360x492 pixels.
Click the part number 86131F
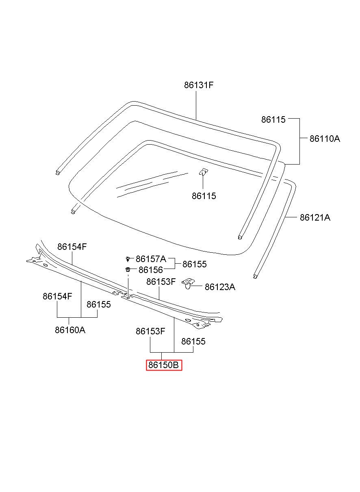click(x=199, y=85)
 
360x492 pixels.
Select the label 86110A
click(x=325, y=139)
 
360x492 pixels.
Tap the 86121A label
click(x=315, y=217)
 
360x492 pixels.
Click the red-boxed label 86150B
click(x=164, y=365)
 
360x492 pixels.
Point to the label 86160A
click(x=70, y=330)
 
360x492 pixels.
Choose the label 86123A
click(x=220, y=287)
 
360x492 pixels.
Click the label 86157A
click(x=151, y=259)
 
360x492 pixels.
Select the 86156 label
click(x=151, y=270)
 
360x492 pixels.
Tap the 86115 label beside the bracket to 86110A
click(x=273, y=119)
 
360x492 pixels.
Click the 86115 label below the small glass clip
click(x=204, y=196)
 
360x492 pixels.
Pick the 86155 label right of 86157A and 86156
click(x=194, y=264)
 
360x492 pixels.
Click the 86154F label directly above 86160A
click(x=57, y=296)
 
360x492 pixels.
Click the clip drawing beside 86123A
click(x=188, y=283)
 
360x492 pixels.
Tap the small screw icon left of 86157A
click(x=128, y=259)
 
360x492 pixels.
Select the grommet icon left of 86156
click(x=128, y=269)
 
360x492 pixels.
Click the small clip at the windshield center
click(x=204, y=171)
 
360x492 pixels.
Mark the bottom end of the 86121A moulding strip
click(x=255, y=277)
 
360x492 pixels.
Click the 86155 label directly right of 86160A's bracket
click(x=99, y=304)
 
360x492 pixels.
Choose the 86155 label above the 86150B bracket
click(x=193, y=341)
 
